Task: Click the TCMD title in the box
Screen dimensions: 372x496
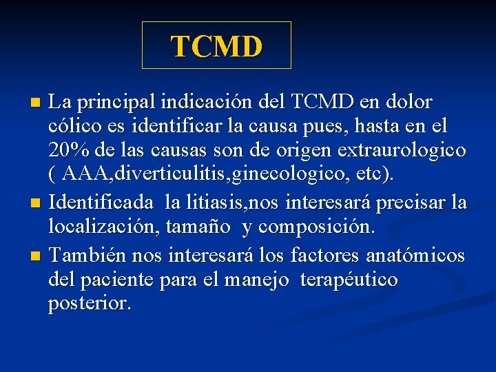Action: click(x=216, y=47)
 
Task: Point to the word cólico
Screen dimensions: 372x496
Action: click(x=72, y=126)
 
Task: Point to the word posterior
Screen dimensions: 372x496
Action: click(x=88, y=303)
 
